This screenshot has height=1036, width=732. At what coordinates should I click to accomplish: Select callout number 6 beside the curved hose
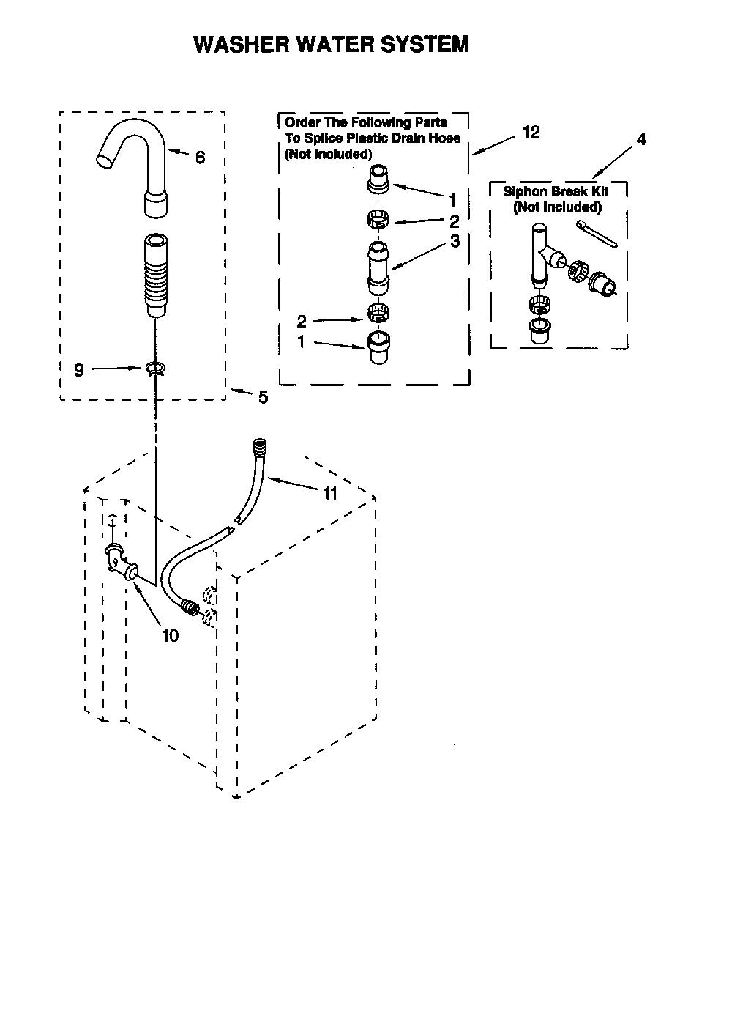[x=200, y=158]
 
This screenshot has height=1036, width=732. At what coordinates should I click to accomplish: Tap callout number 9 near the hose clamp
[x=79, y=370]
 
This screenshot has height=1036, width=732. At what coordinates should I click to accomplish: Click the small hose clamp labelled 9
[x=155, y=368]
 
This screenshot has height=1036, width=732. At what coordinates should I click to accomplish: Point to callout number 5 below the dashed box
[x=263, y=397]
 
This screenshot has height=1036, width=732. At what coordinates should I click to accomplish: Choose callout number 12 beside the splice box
[x=531, y=133]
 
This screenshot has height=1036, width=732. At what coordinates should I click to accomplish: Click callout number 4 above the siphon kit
[x=641, y=138]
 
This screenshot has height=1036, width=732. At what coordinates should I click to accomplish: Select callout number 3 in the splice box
[x=455, y=241]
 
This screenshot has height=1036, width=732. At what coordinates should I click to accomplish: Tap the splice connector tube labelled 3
[x=378, y=268]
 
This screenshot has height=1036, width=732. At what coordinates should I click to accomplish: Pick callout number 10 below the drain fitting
[x=170, y=635]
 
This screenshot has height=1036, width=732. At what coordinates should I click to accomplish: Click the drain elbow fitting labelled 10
[x=121, y=562]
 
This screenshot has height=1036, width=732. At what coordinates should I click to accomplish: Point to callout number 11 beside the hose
[x=330, y=494]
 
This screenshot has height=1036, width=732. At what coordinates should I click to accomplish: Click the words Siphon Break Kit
[x=556, y=191]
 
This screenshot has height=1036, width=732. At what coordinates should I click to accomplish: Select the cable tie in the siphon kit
[x=596, y=234]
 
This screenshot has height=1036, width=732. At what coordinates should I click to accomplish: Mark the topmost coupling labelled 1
[x=378, y=180]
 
